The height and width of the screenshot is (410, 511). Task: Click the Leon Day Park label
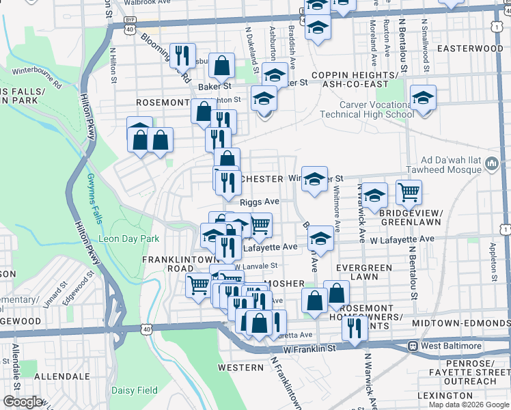click(129, 239)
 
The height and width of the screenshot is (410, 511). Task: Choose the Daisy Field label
click(135, 391)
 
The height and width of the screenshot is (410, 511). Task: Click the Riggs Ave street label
click(260, 202)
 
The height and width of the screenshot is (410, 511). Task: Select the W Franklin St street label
click(310, 348)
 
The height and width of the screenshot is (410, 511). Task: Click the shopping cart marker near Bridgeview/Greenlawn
click(409, 192)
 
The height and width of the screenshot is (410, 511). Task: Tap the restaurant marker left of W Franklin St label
click(354, 329)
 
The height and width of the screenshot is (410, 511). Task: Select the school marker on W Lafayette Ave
click(320, 238)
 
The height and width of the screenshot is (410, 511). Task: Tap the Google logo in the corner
click(23, 402)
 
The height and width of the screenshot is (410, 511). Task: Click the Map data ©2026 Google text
click(469, 405)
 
